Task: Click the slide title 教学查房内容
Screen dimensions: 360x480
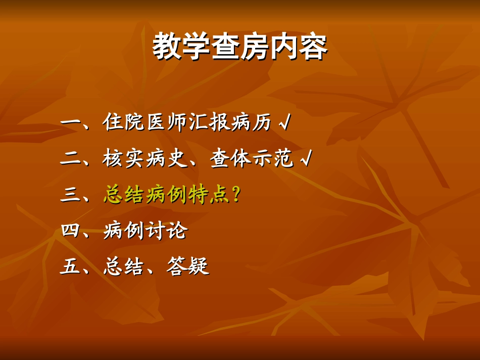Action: (x=240, y=47)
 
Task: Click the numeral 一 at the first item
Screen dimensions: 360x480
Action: (x=69, y=122)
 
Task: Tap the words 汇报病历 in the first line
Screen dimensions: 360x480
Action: (x=229, y=122)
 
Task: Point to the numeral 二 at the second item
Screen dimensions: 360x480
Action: (x=69, y=159)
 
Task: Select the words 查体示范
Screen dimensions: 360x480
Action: (x=251, y=159)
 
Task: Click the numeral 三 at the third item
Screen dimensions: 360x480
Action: (x=69, y=195)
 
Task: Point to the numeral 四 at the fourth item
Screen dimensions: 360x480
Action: (x=69, y=231)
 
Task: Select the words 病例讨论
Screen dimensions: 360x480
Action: (x=145, y=231)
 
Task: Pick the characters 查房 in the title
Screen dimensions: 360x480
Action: (x=240, y=47)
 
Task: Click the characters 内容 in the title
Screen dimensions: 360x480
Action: (x=299, y=47)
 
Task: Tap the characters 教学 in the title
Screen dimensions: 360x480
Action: (x=181, y=47)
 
